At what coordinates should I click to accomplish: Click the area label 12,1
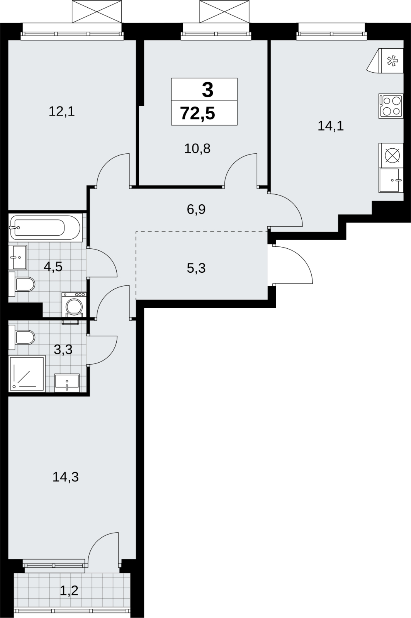coord(62,112)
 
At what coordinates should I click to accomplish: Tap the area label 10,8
coord(197,149)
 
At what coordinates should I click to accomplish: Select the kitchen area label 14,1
coord(331,126)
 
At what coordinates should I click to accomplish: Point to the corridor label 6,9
coord(196,210)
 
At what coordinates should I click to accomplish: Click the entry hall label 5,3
coord(196,268)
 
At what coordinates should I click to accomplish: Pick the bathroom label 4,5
coord(53,267)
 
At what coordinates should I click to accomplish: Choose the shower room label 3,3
coord(63,350)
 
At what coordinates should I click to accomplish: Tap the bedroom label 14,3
coord(66,477)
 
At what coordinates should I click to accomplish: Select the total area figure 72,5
coord(197,114)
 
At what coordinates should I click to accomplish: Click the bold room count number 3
coord(207,90)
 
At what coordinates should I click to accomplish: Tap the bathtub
coord(46,228)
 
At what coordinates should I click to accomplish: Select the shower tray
coord(27,374)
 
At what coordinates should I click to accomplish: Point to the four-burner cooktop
coord(391,106)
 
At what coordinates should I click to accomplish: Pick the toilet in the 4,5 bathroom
coord(22,284)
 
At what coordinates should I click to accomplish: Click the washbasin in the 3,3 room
coord(67,383)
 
